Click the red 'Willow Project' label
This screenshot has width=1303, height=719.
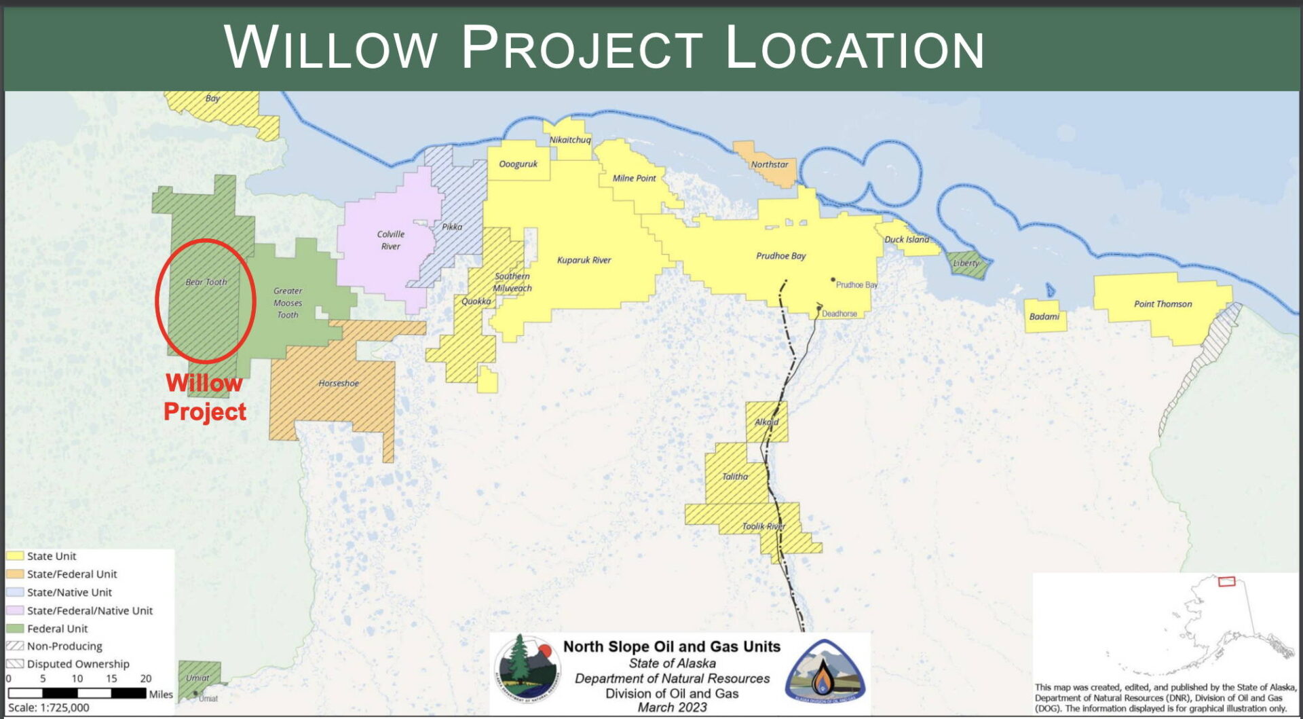coord(204,397)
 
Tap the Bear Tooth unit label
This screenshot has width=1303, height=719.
coord(206,282)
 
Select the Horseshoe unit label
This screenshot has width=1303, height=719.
coord(339,384)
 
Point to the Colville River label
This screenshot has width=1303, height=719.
coord(390,240)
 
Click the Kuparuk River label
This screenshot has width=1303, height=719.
coord(584,260)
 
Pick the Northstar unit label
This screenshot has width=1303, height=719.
coord(769,164)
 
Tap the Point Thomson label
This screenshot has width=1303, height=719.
coord(1163,304)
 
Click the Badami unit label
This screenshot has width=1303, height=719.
coord(1044,316)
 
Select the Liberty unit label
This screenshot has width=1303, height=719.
coord(966,263)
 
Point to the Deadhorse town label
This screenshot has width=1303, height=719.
coord(839,314)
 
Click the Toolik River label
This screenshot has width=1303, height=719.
coord(763,526)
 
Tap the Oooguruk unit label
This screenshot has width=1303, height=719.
coord(518,164)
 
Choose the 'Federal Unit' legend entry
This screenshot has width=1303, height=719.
coord(57,629)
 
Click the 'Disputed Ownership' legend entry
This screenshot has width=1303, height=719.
coord(77,664)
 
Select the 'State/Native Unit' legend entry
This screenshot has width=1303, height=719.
coord(69,592)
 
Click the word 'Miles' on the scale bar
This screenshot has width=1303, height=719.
coord(161,694)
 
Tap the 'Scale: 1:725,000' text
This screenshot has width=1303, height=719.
coord(49,707)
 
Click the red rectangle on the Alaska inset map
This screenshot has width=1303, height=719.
coord(1226,582)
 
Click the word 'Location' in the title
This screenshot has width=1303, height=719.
coord(854,48)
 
